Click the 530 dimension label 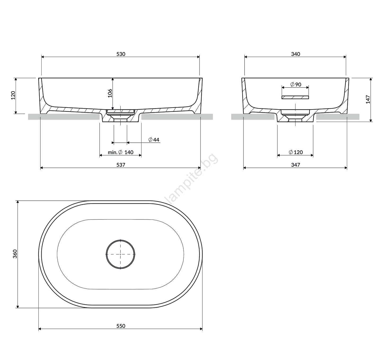point(121,54)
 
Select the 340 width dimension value point(295,54)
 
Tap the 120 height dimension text point(13,95)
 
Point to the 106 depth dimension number point(110,93)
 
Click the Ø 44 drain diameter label point(154,139)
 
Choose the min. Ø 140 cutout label point(120,152)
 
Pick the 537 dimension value point(121,165)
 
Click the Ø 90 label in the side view point(295,84)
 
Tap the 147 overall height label point(368,99)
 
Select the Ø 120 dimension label point(295,152)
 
